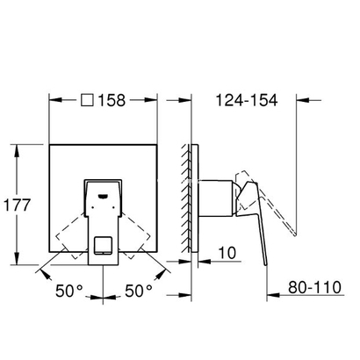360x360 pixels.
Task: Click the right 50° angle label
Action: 139,290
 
